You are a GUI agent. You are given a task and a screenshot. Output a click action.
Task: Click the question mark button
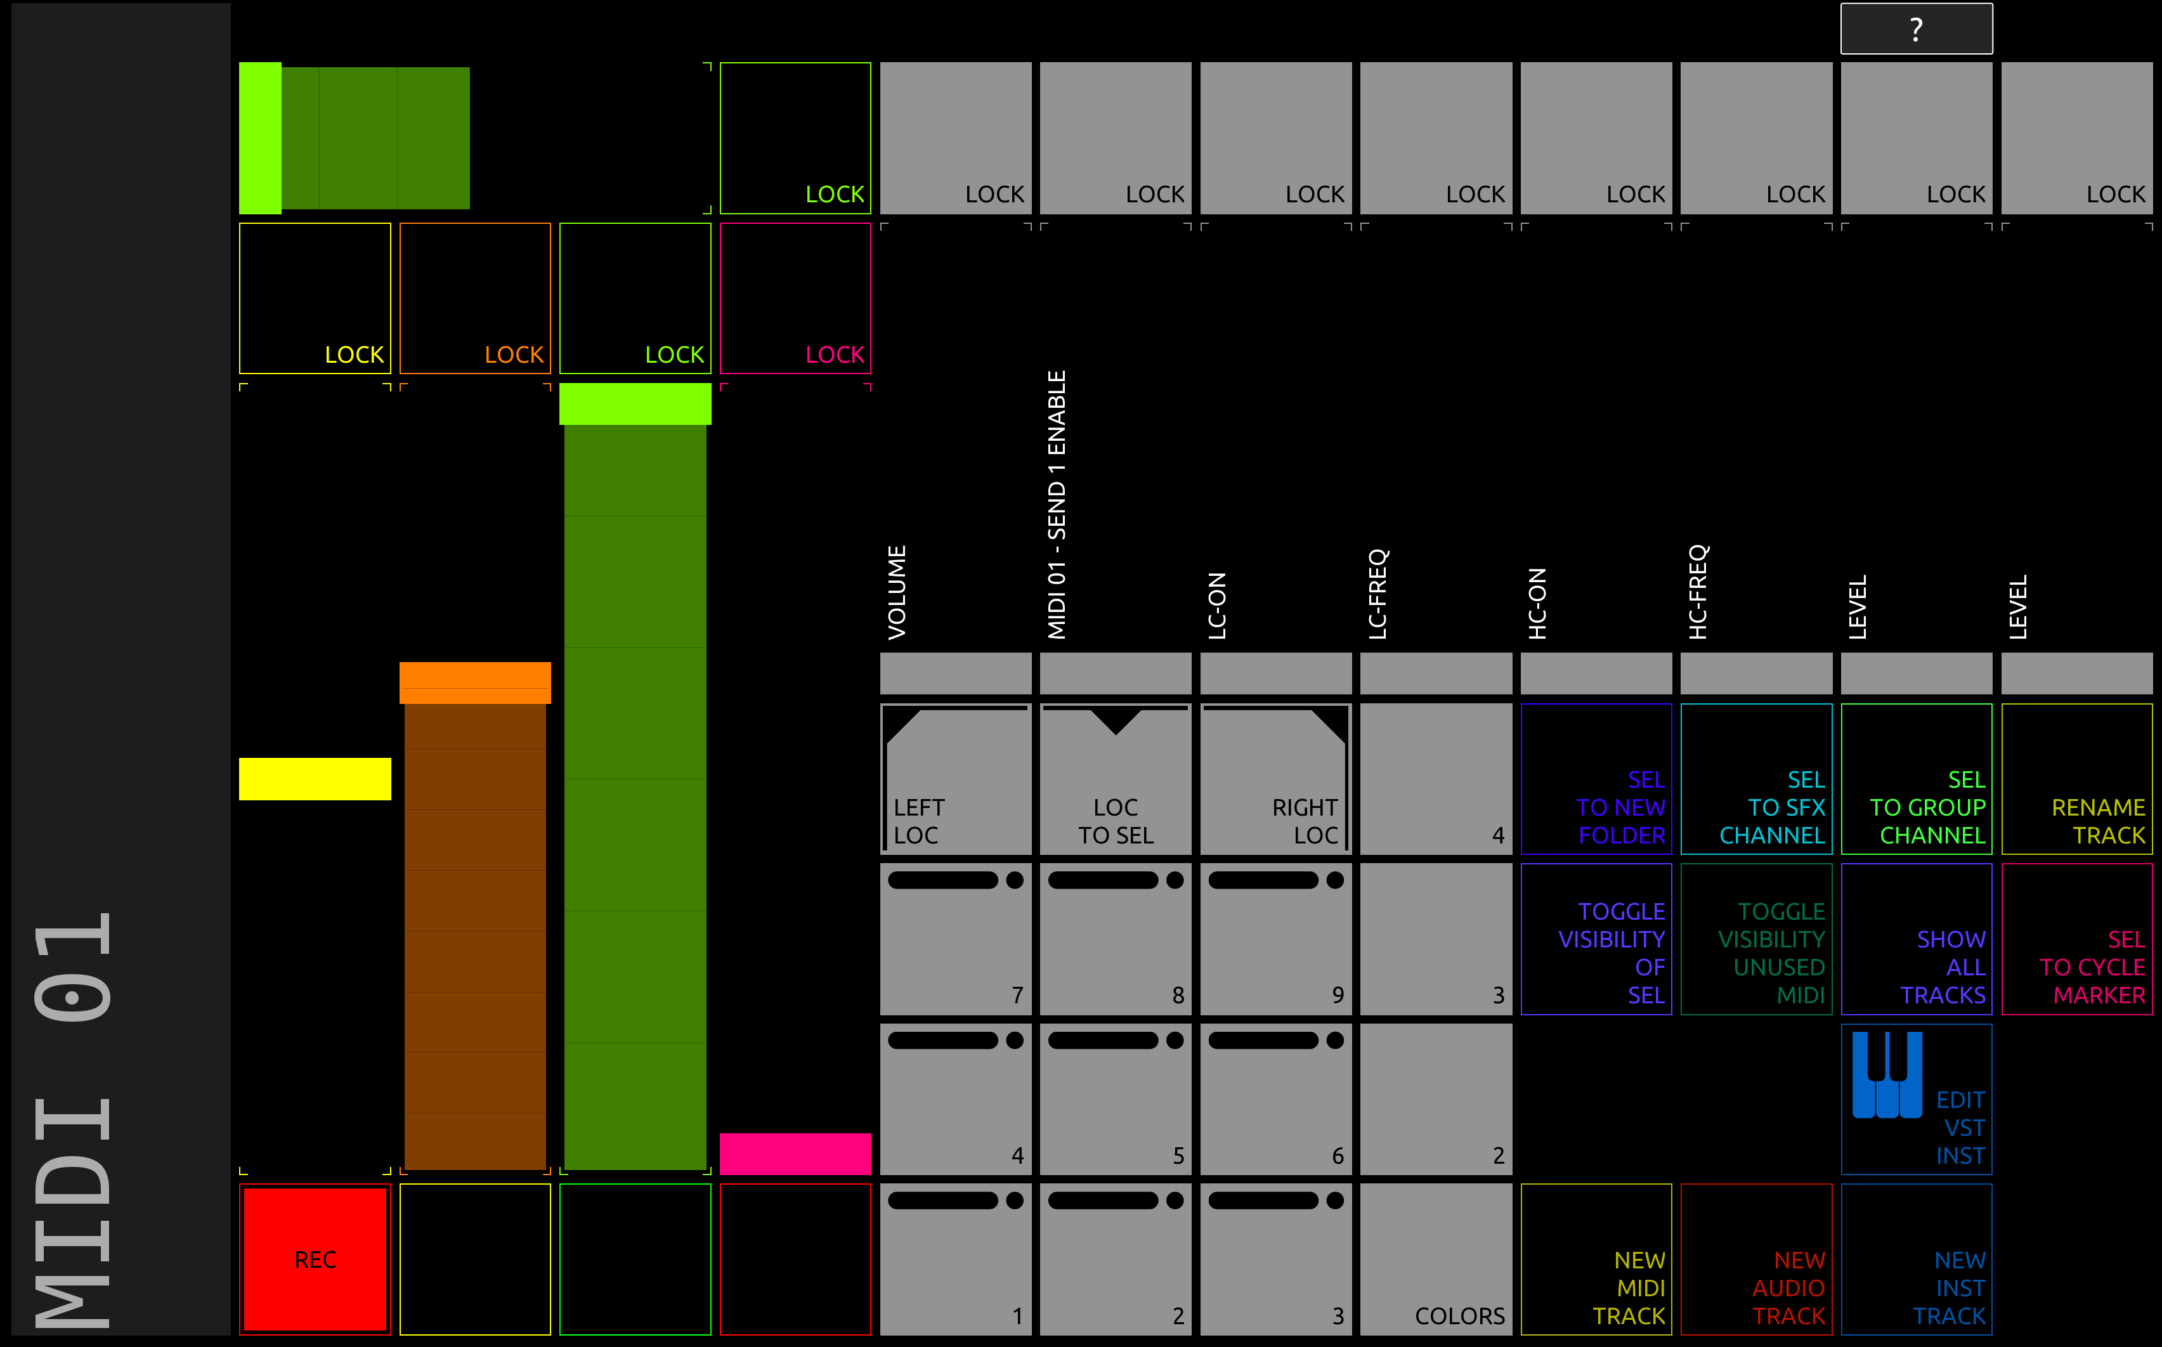pyautogui.click(x=1916, y=29)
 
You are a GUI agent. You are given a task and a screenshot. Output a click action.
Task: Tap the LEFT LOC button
pyautogui.click(x=955, y=779)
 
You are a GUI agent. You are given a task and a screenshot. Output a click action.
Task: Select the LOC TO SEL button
pyautogui.click(x=1116, y=779)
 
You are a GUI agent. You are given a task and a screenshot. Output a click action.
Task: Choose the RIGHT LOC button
pyautogui.click(x=1275, y=779)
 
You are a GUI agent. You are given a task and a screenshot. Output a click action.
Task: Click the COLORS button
pyautogui.click(x=1436, y=1259)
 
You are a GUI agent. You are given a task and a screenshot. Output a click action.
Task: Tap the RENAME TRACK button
pyautogui.click(x=2076, y=779)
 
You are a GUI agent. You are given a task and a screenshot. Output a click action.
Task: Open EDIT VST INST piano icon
pyautogui.click(x=1887, y=1074)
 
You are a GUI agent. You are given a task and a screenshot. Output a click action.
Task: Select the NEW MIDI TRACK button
pyautogui.click(x=1596, y=1259)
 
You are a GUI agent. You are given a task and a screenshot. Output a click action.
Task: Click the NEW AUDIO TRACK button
pyautogui.click(x=1755, y=1259)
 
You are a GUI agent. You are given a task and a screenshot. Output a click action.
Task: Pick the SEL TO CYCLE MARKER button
pyautogui.click(x=2076, y=939)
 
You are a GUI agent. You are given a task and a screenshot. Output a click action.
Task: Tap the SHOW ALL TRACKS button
pyautogui.click(x=1916, y=939)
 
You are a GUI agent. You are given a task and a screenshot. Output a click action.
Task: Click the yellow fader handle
pyautogui.click(x=315, y=779)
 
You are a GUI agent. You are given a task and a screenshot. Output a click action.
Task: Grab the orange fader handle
pyautogui.click(x=475, y=682)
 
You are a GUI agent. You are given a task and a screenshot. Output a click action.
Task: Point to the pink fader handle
pyautogui.click(x=795, y=1154)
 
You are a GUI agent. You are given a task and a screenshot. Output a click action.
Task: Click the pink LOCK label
pyautogui.click(x=835, y=355)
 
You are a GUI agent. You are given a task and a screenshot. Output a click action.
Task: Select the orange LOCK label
pyautogui.click(x=514, y=355)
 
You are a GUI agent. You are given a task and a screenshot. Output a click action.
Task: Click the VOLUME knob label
pyautogui.click(x=896, y=592)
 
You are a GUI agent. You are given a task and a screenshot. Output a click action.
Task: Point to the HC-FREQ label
pyautogui.click(x=1697, y=592)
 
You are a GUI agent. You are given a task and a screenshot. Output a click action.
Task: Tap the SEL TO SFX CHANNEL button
pyautogui.click(x=1755, y=779)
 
